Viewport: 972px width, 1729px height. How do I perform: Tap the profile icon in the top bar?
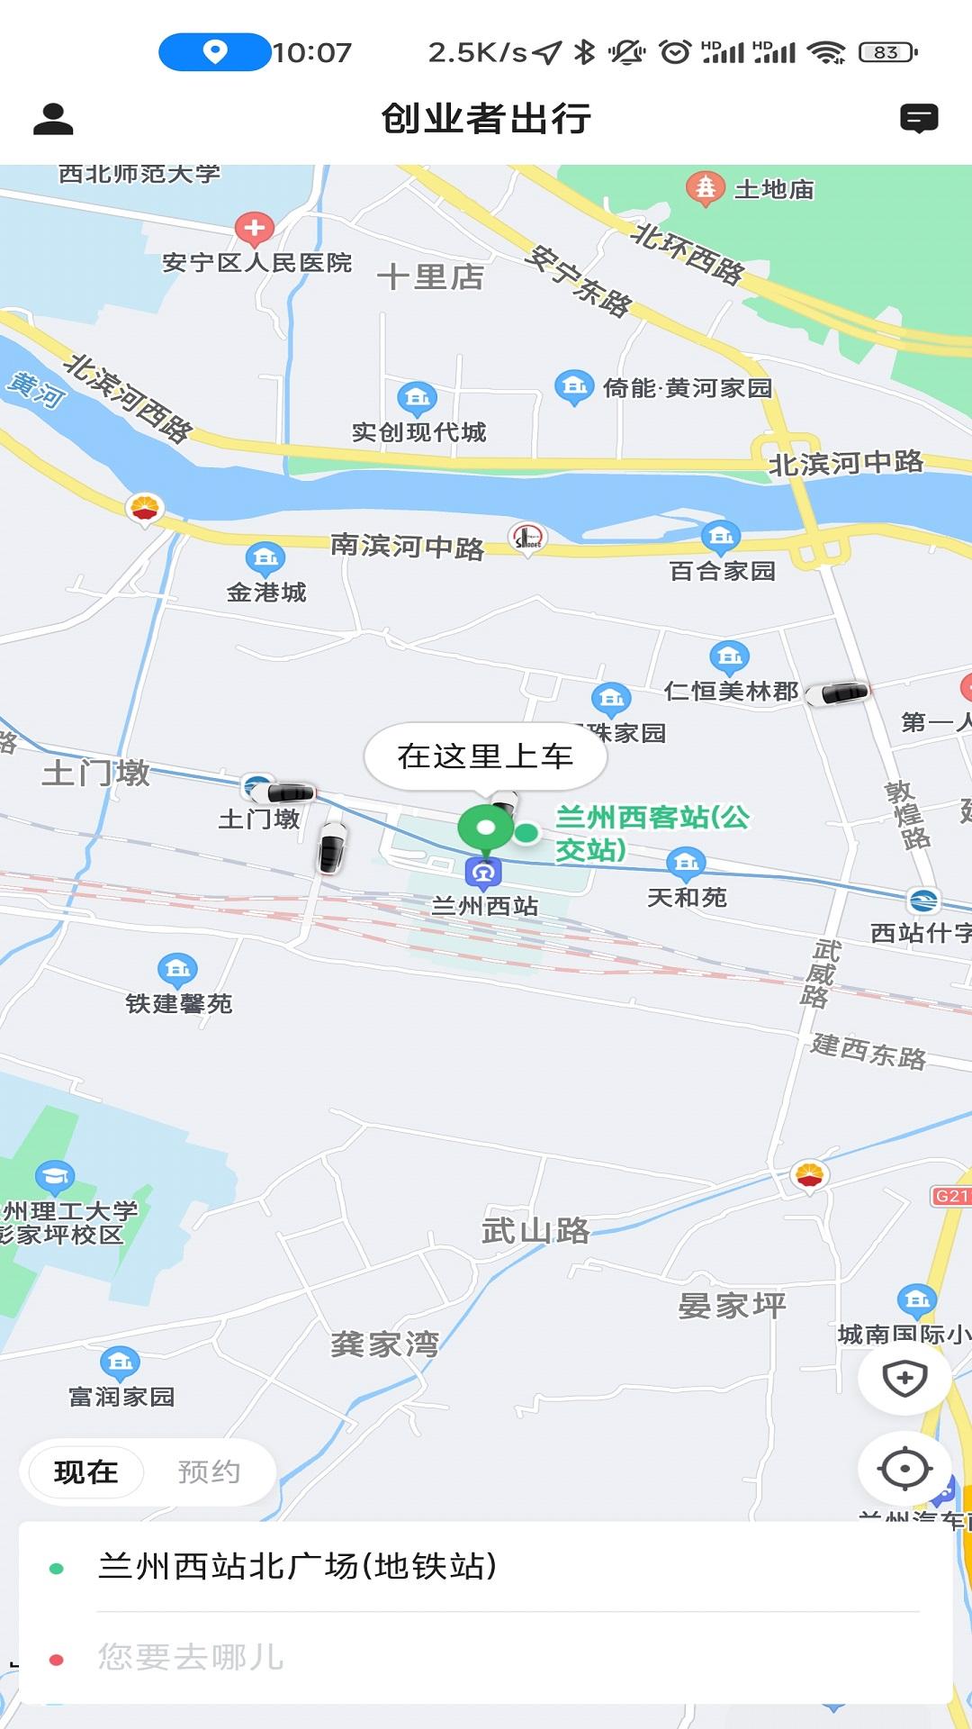coord(53,119)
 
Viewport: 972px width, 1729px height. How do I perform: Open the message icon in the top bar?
coord(919,119)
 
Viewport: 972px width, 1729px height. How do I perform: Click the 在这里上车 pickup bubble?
coord(485,756)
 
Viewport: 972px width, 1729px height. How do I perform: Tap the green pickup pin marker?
coord(485,828)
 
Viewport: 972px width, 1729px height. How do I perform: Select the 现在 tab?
coord(86,1472)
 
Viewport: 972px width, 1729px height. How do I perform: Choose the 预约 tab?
coord(209,1472)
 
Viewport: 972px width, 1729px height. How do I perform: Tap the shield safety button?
coord(904,1378)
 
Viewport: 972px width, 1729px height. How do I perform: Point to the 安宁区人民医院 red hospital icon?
coord(254,229)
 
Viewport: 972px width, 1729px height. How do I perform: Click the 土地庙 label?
coord(774,190)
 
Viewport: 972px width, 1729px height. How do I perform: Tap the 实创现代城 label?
coord(418,432)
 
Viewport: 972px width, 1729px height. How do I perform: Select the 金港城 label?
coord(266,593)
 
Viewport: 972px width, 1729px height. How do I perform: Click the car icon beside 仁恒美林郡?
coord(838,693)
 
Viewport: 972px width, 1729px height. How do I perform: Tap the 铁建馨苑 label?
coord(178,1003)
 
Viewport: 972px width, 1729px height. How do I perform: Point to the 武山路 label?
coord(535,1230)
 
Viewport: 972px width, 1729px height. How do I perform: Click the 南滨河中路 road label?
coord(407,546)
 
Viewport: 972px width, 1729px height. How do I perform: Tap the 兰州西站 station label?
coord(485,906)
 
